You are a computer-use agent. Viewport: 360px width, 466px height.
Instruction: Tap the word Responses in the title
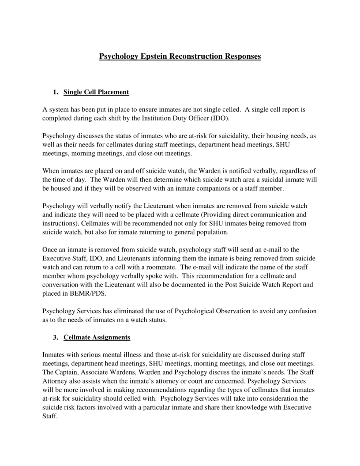point(242,56)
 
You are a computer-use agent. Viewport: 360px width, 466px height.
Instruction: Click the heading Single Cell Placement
point(96,92)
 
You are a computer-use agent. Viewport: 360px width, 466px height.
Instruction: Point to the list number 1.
point(55,92)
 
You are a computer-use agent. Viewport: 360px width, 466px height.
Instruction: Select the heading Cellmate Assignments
point(97,338)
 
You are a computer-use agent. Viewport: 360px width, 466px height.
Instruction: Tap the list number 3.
point(55,338)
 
